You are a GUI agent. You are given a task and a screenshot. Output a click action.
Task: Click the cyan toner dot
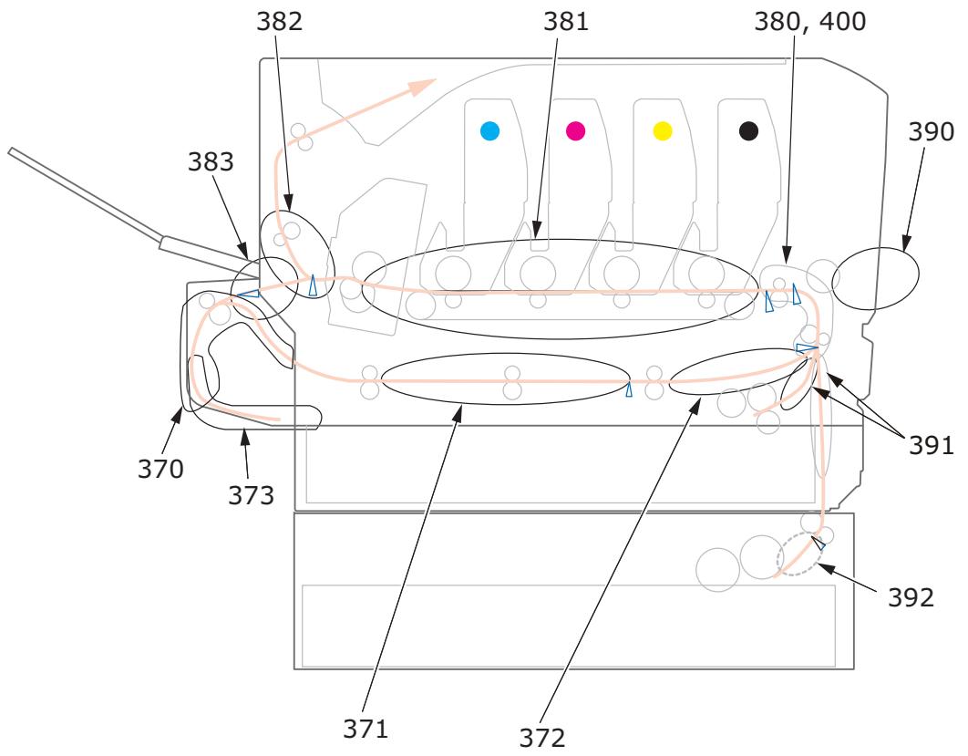point(490,131)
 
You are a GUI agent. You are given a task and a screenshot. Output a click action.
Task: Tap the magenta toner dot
point(575,131)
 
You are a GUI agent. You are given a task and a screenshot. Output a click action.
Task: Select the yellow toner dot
point(662,131)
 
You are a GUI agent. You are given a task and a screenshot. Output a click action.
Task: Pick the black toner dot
point(748,131)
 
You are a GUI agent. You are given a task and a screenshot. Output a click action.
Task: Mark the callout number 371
point(366,729)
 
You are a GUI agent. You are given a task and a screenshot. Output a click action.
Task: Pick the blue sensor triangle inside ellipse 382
point(313,286)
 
